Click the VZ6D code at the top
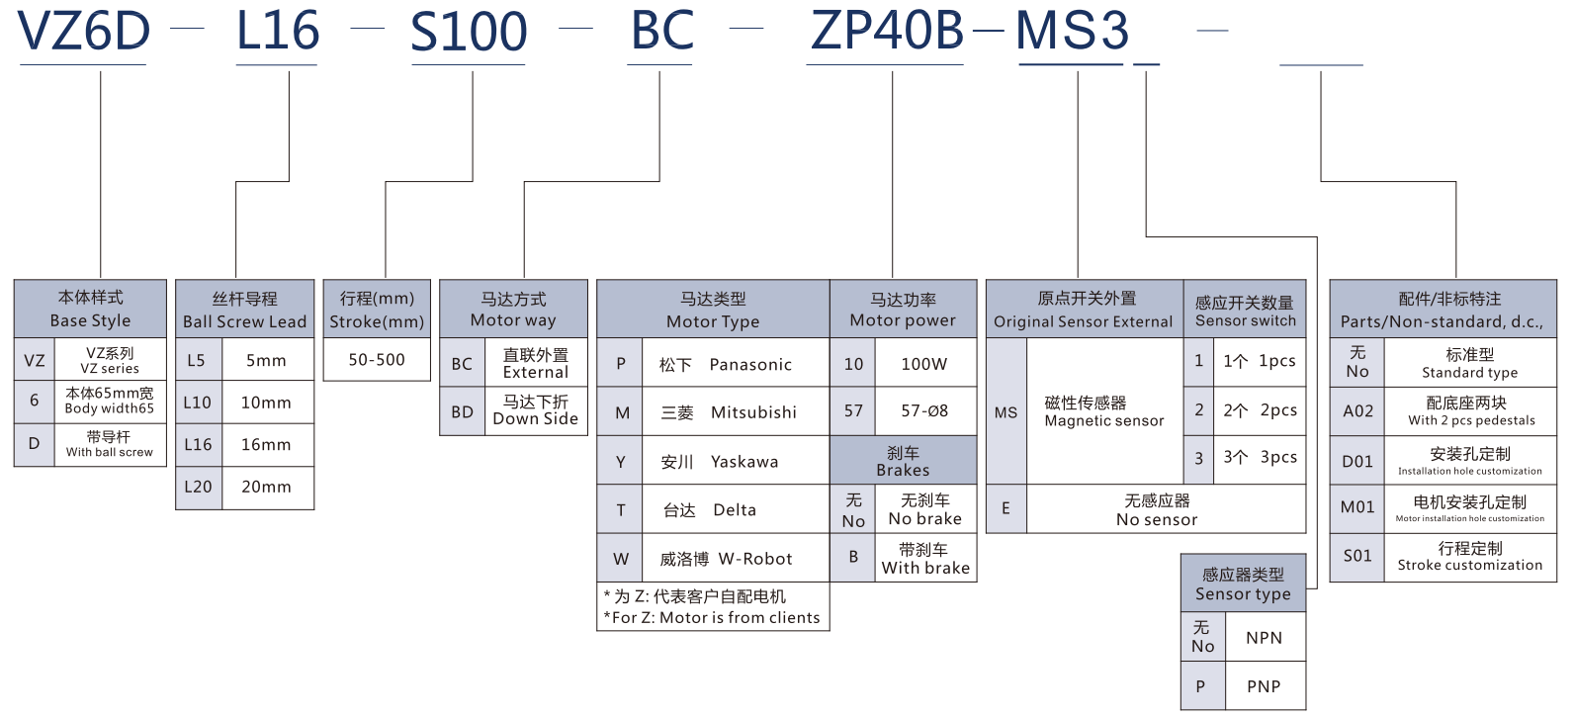click(x=84, y=32)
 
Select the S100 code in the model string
click(x=469, y=32)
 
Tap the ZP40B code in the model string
click(x=887, y=32)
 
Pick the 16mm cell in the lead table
click(x=266, y=445)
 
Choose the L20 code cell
click(x=198, y=487)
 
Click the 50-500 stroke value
click(x=377, y=360)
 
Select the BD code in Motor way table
click(x=462, y=411)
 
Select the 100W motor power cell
click(x=923, y=364)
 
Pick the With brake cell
click(x=925, y=559)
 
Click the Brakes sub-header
click(x=903, y=461)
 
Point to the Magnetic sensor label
click(x=1103, y=411)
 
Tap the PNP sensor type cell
click(x=1264, y=686)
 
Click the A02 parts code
click(x=1357, y=411)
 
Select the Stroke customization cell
click(x=1469, y=557)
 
